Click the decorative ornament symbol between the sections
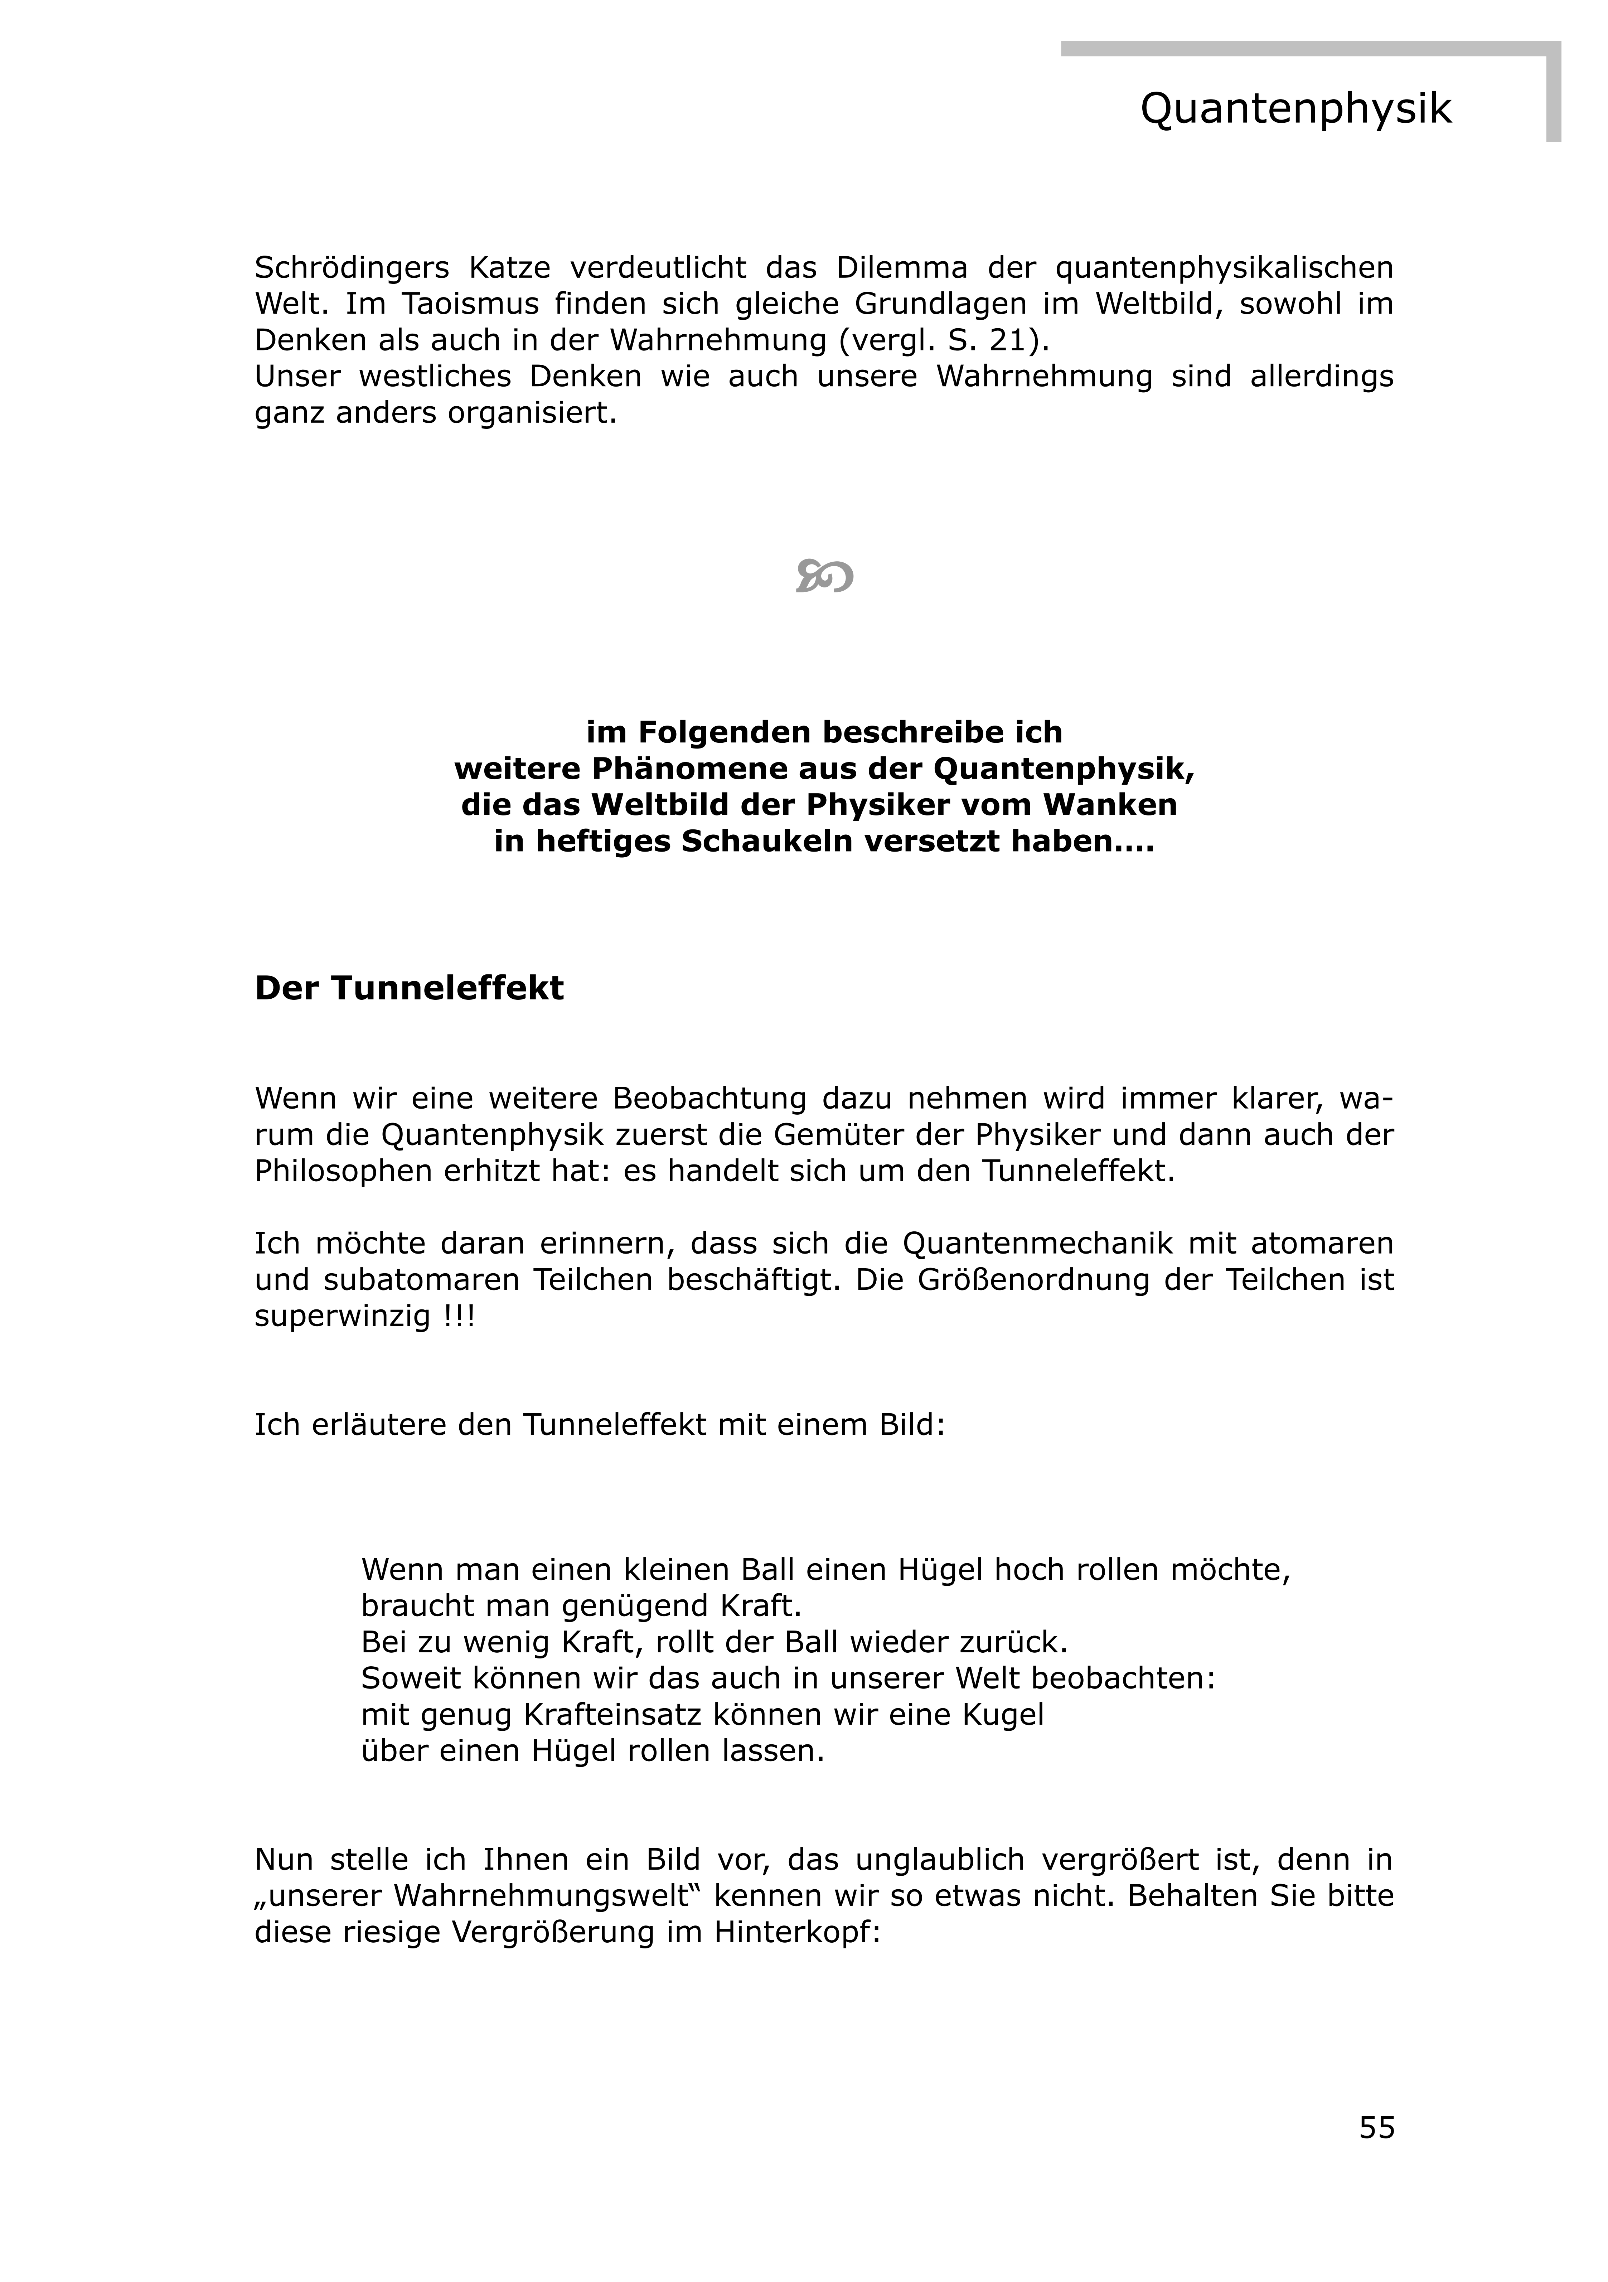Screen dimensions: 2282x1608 (824, 576)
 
